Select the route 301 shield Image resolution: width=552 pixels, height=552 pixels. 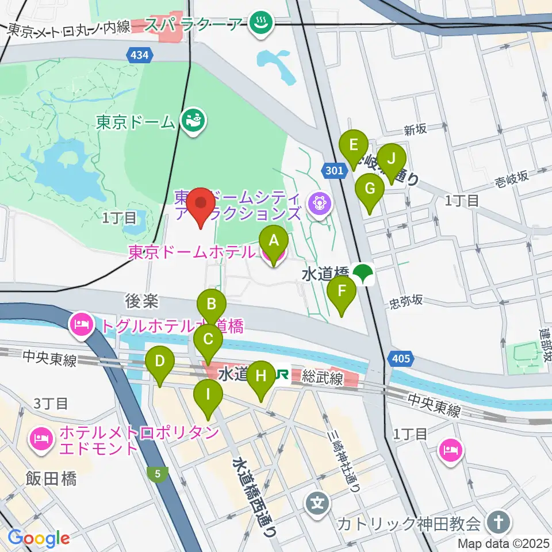coord(333,170)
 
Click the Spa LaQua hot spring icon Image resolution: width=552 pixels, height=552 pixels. coord(262,24)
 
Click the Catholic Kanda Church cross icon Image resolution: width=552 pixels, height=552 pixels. coord(495,523)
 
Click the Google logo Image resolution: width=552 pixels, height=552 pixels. coord(39,538)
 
